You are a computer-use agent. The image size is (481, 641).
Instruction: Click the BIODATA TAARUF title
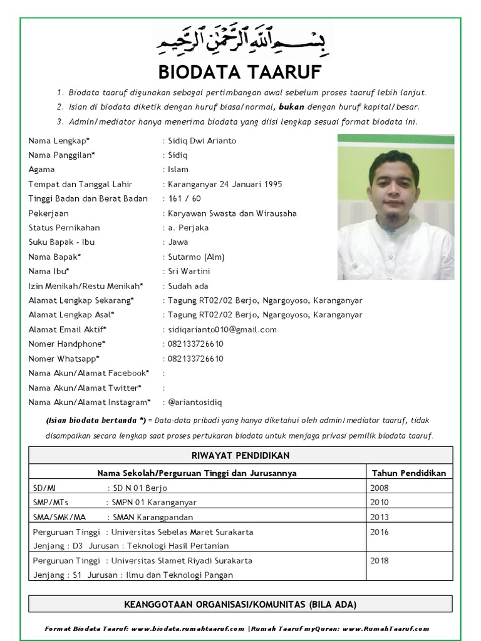pos(240,72)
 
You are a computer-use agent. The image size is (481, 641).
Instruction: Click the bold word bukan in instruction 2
pos(292,107)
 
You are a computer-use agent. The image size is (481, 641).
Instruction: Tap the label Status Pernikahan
pos(64,227)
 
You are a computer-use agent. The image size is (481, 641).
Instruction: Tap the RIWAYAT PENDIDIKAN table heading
pos(240,455)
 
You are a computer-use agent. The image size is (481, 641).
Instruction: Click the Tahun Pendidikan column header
pos(409,473)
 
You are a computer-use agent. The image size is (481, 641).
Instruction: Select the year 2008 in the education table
pos(380,488)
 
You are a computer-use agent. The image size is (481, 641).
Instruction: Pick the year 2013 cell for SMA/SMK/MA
pos(380,517)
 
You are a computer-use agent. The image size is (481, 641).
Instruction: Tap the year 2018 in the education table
pos(380,561)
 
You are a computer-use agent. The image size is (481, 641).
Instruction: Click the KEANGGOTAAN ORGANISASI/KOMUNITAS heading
pos(240,604)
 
